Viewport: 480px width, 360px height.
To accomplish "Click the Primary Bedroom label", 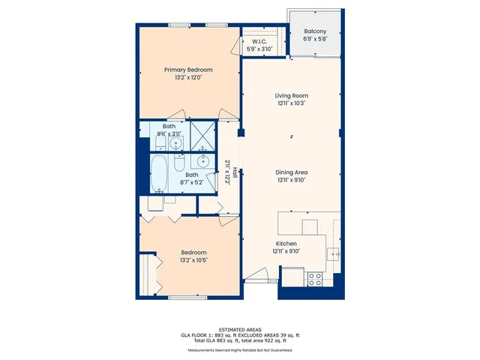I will click(x=183, y=70).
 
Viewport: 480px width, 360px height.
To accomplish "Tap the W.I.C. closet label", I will click(x=259, y=41).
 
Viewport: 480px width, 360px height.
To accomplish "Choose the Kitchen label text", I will click(x=287, y=244).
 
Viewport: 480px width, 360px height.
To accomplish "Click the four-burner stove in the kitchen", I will click(x=315, y=278).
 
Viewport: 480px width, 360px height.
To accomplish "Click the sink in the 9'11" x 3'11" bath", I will click(x=176, y=142).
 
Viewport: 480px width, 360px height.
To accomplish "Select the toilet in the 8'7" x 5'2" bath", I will click(x=179, y=161).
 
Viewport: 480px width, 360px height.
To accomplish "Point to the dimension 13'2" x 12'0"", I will click(x=183, y=77).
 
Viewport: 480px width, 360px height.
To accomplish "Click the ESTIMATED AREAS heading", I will click(x=239, y=330).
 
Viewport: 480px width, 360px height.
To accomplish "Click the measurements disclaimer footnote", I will click(x=239, y=350).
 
